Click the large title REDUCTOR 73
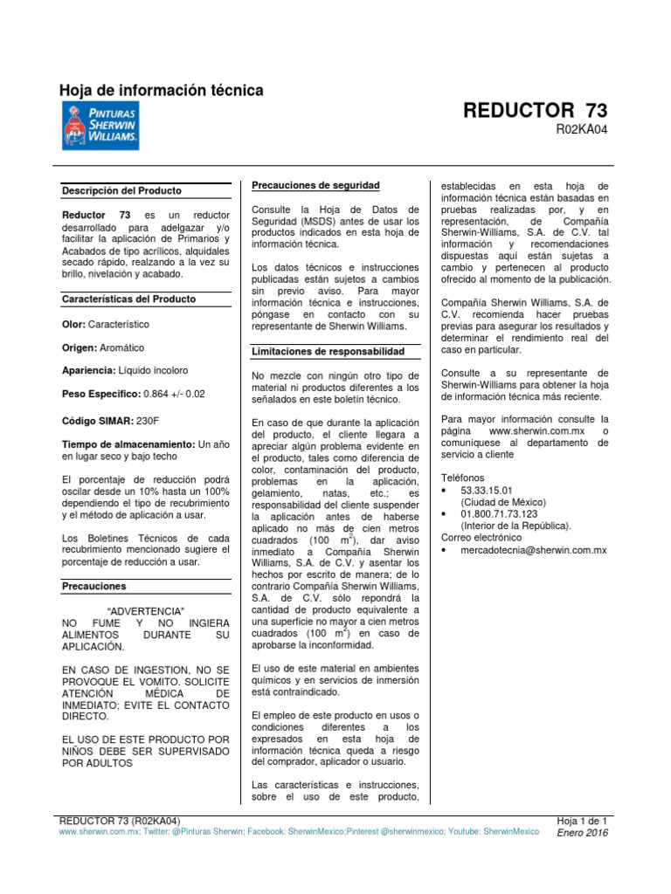tap(535, 111)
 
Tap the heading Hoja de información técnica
tap(161, 91)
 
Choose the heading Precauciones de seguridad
tap(315, 185)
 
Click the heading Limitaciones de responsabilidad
tap(328, 351)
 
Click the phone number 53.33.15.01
tap(487, 491)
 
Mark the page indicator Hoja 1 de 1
tap(582, 821)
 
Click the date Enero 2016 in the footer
tap(583, 833)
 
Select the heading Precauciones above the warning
tap(95, 587)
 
